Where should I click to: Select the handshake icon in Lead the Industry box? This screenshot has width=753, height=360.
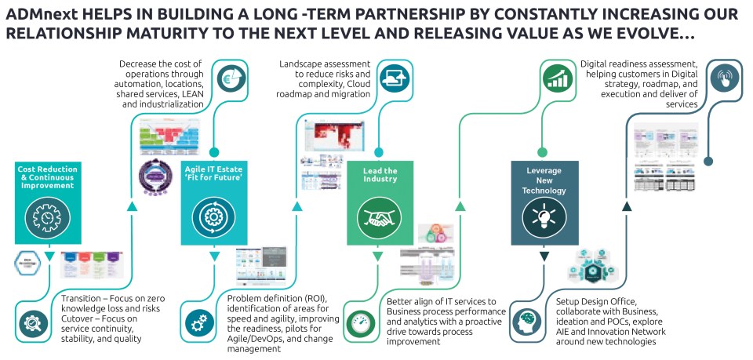(x=380, y=217)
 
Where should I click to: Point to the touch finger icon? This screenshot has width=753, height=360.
(x=725, y=79)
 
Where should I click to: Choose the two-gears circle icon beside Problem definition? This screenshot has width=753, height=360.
(x=197, y=321)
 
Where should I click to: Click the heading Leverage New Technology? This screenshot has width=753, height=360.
(x=544, y=180)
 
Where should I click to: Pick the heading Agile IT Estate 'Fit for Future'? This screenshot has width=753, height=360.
(x=213, y=174)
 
